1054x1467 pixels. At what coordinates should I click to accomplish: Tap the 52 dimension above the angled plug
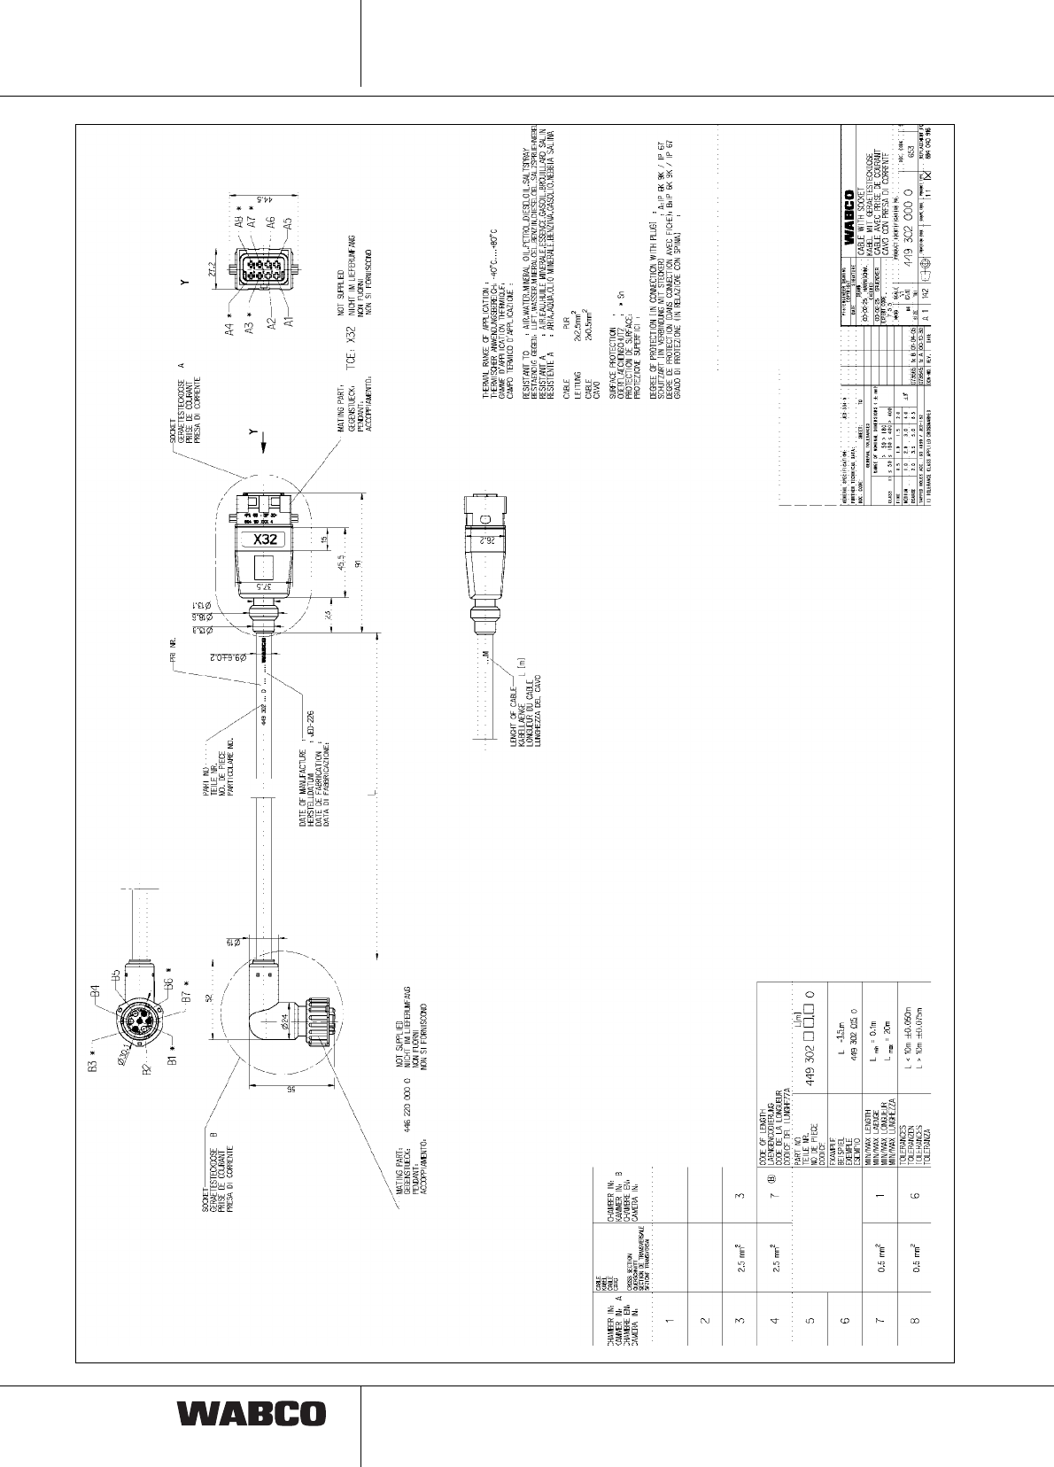click(211, 998)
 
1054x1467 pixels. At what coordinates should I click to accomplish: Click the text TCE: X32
click(349, 337)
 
